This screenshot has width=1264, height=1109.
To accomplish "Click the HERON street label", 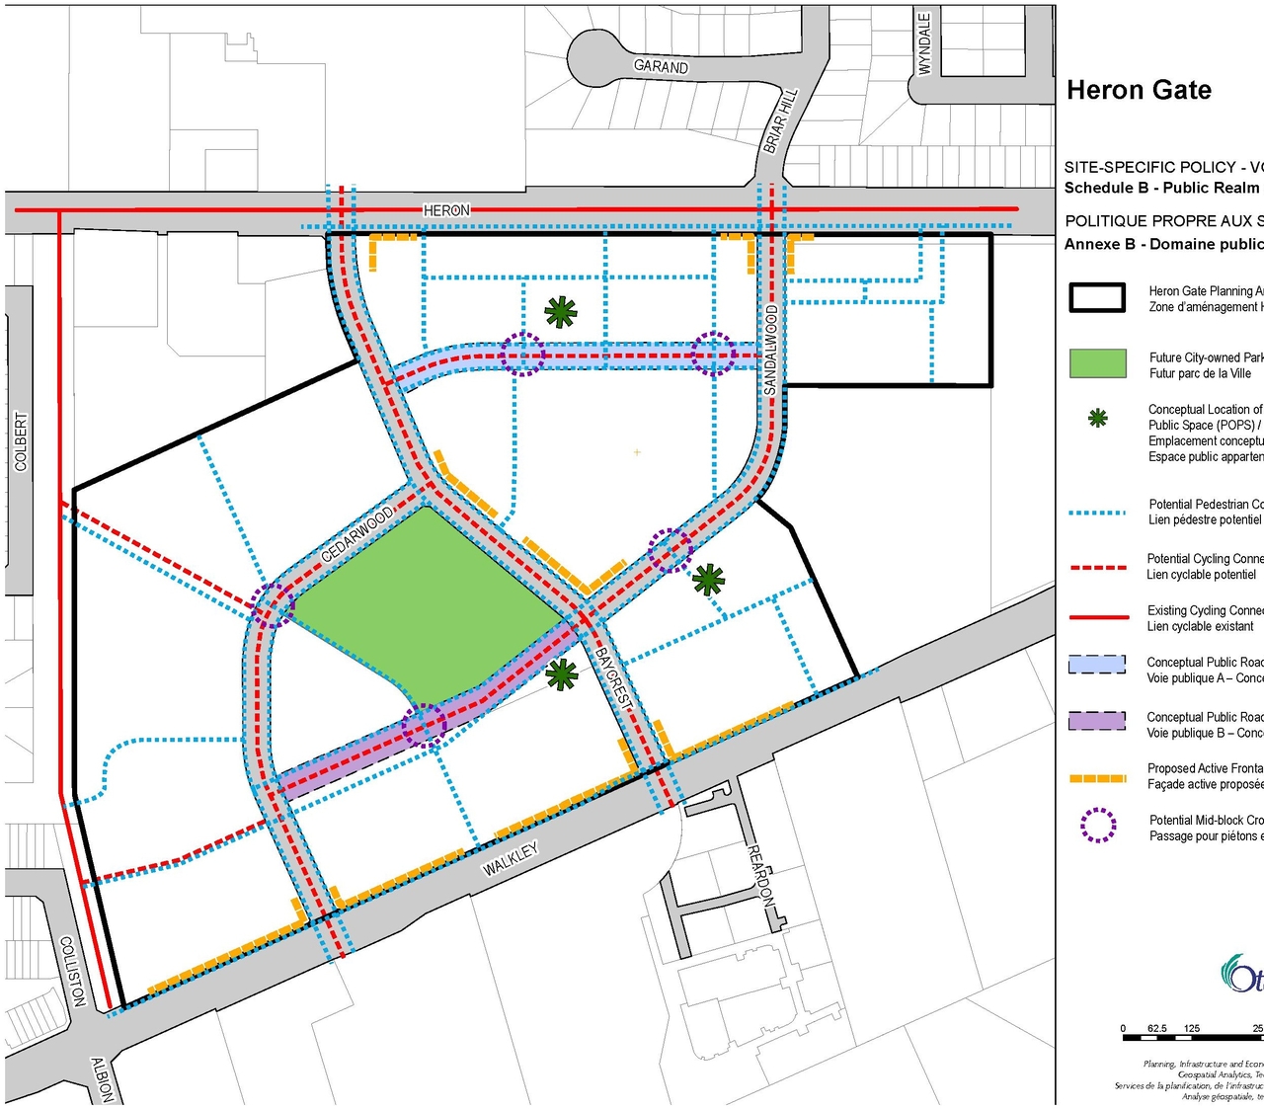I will pyautogui.click(x=446, y=210).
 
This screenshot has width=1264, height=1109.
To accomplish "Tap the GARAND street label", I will pyautogui.click(x=661, y=66).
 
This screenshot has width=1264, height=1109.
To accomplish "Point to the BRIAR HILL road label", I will pyautogui.click(x=780, y=120).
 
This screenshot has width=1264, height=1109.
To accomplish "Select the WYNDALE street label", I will pyautogui.click(x=924, y=43).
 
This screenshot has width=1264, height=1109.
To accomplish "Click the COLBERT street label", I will pyautogui.click(x=21, y=440).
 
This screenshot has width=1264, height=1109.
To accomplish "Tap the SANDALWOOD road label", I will pyautogui.click(x=771, y=350).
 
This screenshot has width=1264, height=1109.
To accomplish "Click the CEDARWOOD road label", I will pyautogui.click(x=357, y=533).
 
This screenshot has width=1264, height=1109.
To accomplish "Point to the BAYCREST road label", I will pyautogui.click(x=612, y=676).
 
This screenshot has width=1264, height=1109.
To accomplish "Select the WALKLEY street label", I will pyautogui.click(x=511, y=859).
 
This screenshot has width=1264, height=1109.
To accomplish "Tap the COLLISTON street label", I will pyautogui.click(x=73, y=972).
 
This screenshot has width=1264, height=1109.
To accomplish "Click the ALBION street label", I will pyautogui.click(x=102, y=1079).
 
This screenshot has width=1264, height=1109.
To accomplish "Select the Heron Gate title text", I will pyautogui.click(x=1139, y=90).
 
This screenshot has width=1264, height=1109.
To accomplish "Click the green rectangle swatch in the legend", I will pyautogui.click(x=1098, y=363).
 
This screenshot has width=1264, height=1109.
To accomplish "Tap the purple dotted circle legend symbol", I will pyautogui.click(x=1098, y=826).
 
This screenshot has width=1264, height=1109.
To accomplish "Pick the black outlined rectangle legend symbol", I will pyautogui.click(x=1097, y=297).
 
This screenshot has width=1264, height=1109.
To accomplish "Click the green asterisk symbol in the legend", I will pyautogui.click(x=1097, y=419).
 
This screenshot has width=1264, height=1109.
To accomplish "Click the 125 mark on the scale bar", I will pyautogui.click(x=1192, y=1029).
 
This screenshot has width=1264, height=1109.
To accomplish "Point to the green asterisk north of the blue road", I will pyautogui.click(x=561, y=313).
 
